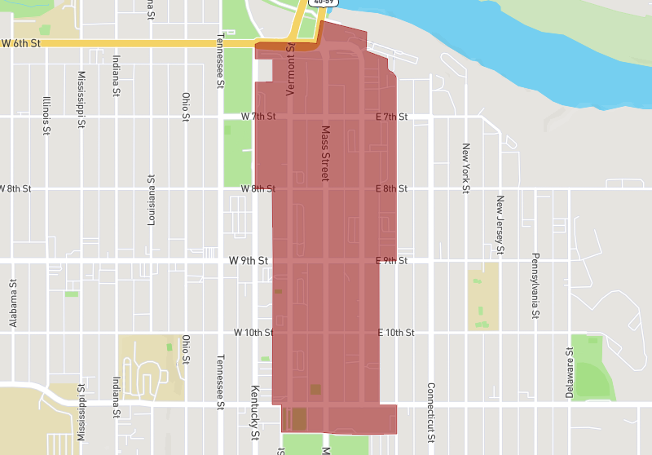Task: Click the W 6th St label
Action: pyautogui.click(x=20, y=42)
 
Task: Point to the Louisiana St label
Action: pyautogui.click(x=151, y=200)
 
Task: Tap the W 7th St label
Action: pyautogui.click(x=258, y=117)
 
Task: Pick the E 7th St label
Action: pyautogui.click(x=391, y=117)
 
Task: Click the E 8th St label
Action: pyautogui.click(x=391, y=188)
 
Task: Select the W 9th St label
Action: pyautogui.click(x=249, y=261)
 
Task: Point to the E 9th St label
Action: pyautogui.click(x=391, y=261)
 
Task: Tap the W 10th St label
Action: pyautogui.click(x=253, y=333)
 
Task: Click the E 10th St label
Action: pyautogui.click(x=396, y=333)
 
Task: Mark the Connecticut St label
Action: pyautogui.click(x=430, y=413)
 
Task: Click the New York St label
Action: pyautogui.click(x=466, y=169)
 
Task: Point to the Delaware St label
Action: pyautogui.click(x=570, y=372)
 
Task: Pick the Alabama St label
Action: pyautogui.click(x=13, y=304)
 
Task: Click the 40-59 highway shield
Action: pyautogui.click(x=324, y=2)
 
